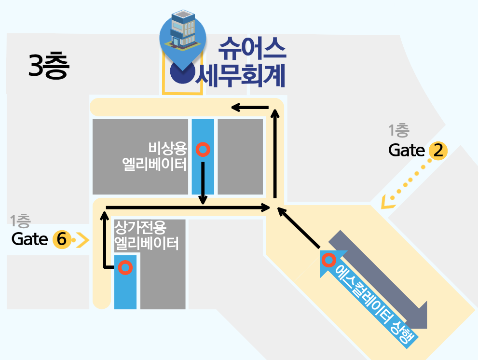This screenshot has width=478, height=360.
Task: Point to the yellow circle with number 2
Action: click(x=438, y=151)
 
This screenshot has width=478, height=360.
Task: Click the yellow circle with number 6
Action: click(x=61, y=239)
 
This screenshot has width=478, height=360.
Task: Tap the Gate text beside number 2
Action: click(x=407, y=151)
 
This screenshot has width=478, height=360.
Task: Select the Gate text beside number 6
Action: click(x=30, y=239)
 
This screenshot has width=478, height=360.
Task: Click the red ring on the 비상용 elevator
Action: click(x=203, y=150)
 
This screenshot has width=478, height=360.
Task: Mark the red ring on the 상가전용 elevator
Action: click(x=126, y=267)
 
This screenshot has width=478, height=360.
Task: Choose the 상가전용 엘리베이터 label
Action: click(x=146, y=235)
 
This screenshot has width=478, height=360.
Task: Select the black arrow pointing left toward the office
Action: click(x=250, y=107)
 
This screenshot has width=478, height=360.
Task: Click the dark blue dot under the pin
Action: click(x=182, y=73)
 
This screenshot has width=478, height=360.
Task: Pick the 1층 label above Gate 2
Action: click(x=399, y=130)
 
